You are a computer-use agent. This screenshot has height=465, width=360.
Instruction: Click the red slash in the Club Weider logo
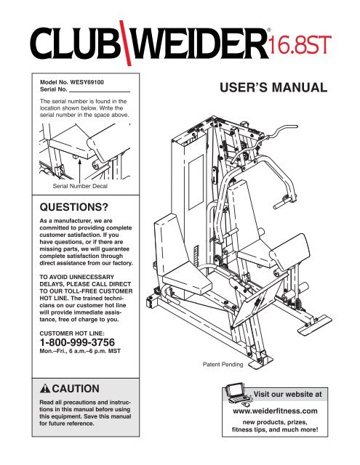pyautogui.click(x=125, y=44)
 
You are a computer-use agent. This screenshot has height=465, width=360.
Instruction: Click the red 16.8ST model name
pyautogui.click(x=300, y=45)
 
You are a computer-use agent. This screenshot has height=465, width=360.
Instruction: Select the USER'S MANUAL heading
pyautogui.click(x=273, y=87)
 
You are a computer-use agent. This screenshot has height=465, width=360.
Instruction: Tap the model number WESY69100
pyautogui.click(x=87, y=82)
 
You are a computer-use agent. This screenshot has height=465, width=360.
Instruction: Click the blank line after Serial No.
pyautogui.click(x=100, y=92)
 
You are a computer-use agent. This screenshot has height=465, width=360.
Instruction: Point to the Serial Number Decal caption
pyautogui.click(x=80, y=186)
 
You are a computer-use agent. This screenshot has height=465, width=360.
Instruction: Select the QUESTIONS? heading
pyautogui.click(x=74, y=207)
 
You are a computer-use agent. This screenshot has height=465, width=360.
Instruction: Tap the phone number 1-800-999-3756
pyautogui.click(x=77, y=342)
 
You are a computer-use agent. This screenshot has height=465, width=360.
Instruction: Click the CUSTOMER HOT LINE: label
pyautogui.click(x=72, y=333)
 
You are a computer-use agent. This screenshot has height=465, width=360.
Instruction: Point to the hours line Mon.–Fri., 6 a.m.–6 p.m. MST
pyautogui.click(x=80, y=351)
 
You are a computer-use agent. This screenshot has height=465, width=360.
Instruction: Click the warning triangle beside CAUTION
pyautogui.click(x=45, y=388)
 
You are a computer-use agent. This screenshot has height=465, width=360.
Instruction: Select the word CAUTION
pyautogui.click(x=76, y=389)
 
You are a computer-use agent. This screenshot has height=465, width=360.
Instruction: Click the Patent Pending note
pyautogui.click(x=223, y=364)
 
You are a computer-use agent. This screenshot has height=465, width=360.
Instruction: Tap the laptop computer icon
pyautogui.click(x=238, y=393)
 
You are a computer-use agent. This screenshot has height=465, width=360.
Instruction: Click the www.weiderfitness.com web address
pyautogui.click(x=275, y=411)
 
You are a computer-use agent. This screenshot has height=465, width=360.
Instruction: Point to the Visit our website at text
pyautogui.click(x=287, y=395)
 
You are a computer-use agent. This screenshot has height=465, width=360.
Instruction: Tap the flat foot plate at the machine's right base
pyautogui.click(x=315, y=324)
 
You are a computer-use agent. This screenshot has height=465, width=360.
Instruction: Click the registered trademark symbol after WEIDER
pyautogui.click(x=268, y=30)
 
